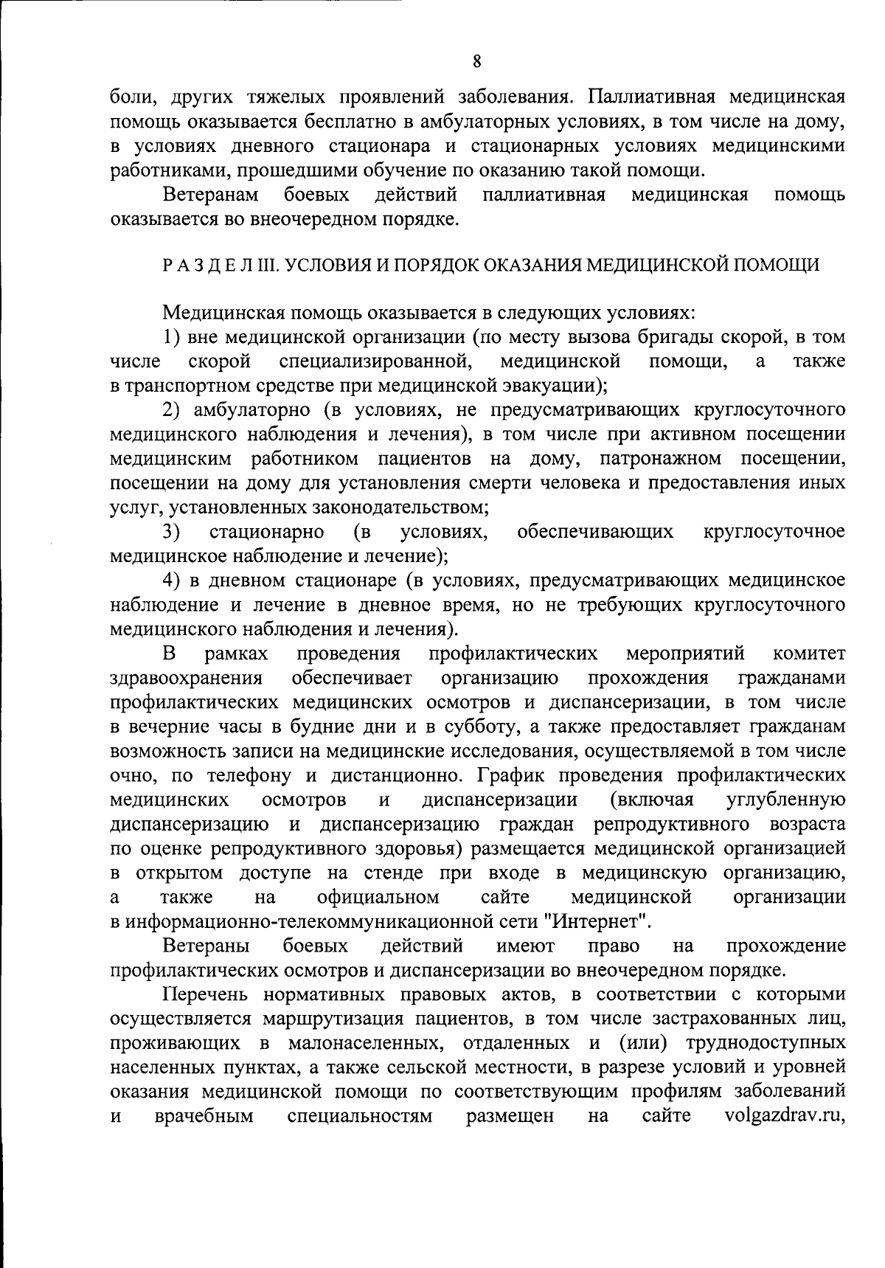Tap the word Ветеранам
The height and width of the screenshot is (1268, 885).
tap(211, 195)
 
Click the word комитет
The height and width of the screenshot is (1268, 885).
tap(809, 654)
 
